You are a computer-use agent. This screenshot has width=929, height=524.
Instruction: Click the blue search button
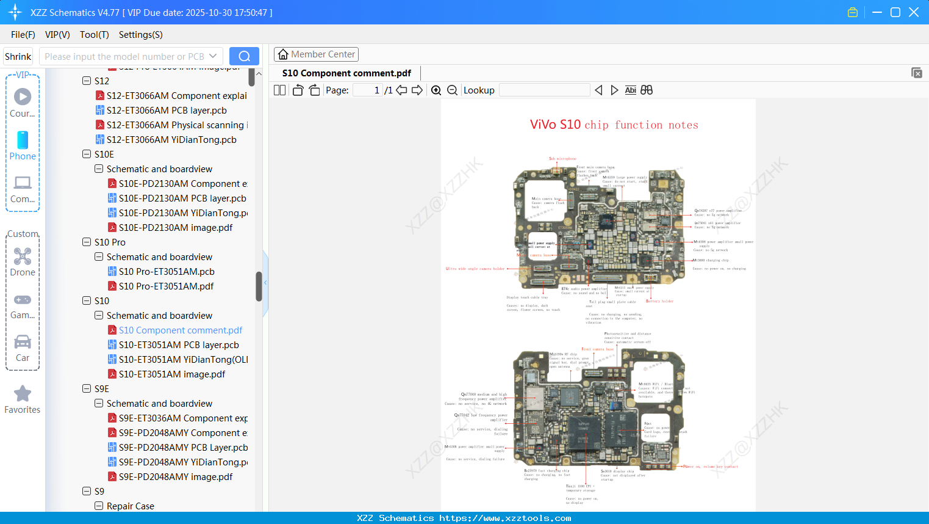click(244, 56)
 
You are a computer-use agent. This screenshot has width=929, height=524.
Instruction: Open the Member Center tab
click(316, 54)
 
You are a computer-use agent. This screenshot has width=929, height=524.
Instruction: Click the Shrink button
click(18, 56)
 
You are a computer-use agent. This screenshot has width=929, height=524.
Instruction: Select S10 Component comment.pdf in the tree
click(181, 330)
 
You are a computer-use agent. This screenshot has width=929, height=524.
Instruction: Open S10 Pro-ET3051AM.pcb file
click(167, 272)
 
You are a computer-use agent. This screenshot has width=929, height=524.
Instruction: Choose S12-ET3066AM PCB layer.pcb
click(167, 111)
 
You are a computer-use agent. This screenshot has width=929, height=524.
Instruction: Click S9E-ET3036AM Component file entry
click(183, 418)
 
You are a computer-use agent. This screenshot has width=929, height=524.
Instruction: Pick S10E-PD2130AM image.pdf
click(176, 228)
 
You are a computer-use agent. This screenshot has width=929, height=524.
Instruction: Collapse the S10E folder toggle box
click(87, 154)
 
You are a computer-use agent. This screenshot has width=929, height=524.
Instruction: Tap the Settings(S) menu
click(140, 35)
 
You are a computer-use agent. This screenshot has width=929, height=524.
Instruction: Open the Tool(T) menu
click(94, 35)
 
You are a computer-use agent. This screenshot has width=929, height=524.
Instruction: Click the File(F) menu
click(23, 35)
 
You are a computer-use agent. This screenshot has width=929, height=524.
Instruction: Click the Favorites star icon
click(23, 394)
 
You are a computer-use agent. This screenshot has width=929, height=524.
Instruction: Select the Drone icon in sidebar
click(23, 257)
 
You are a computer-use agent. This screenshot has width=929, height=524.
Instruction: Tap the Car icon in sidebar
click(23, 342)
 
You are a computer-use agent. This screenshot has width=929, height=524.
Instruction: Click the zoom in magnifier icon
click(436, 90)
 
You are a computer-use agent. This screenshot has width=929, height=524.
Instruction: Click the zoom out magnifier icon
click(453, 90)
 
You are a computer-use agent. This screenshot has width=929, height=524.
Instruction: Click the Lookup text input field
click(544, 90)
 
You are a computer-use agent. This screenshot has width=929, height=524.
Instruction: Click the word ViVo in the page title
click(543, 125)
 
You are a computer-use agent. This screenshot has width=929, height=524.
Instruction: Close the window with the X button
click(914, 12)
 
